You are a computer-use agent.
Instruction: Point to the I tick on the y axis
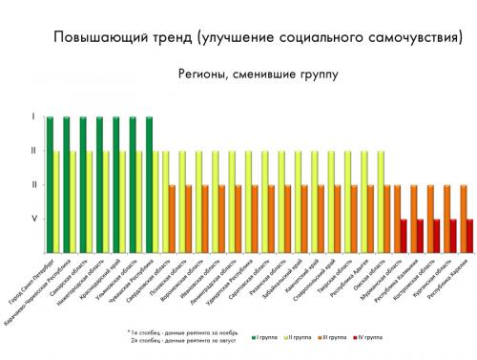pyautogui.click(x=34, y=117)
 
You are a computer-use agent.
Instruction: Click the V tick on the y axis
pyautogui.click(x=34, y=219)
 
